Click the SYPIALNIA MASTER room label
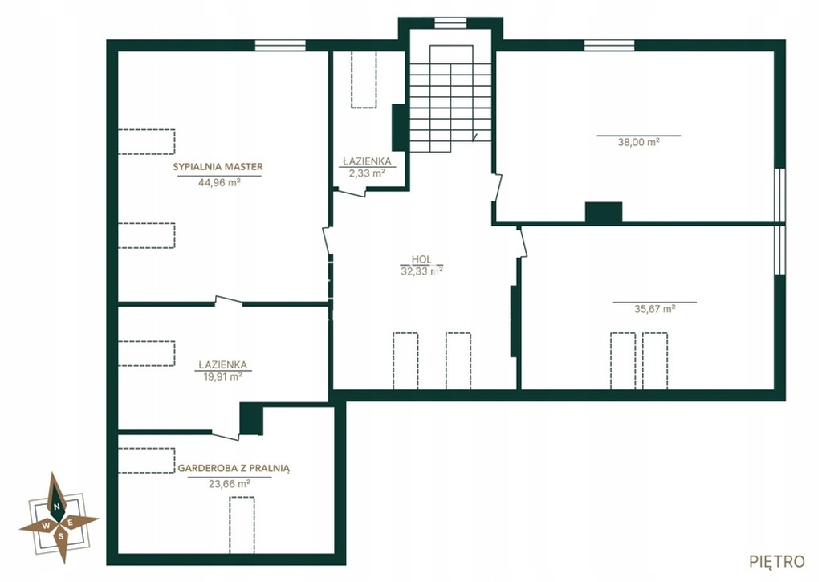tap(218, 167)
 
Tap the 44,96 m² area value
tap(219, 182)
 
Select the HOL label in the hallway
tap(421, 259)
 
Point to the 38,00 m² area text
tap(638, 142)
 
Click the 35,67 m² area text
tap(655, 309)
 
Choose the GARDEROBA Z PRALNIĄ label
tap(234, 468)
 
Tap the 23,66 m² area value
tap(229, 484)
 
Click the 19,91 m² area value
tap(222, 376)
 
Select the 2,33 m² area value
tap(367, 173)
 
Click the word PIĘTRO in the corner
tap(777, 562)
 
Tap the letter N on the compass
tap(55, 507)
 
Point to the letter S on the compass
tap(61, 536)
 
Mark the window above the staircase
tap(450, 22)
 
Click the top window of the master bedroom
tap(280, 46)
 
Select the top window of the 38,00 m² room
tap(609, 46)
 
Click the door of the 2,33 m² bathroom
tap(349, 193)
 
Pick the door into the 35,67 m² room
tap(521, 242)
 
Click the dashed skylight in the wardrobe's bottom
tap(242, 525)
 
